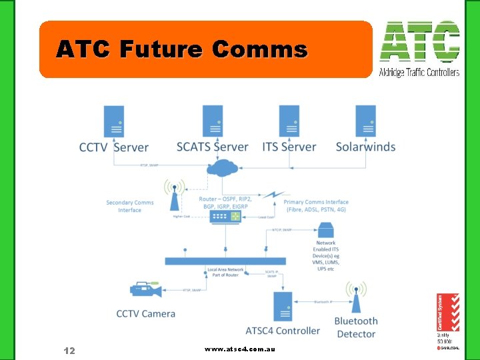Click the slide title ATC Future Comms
(x=181, y=49)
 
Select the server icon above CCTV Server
(x=113, y=121)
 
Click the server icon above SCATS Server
(x=213, y=121)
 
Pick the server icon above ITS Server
(x=289, y=121)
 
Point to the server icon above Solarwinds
(x=365, y=121)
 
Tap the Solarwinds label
(x=365, y=147)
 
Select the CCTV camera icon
(x=145, y=289)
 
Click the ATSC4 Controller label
(x=283, y=330)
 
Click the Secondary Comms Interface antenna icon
(x=174, y=195)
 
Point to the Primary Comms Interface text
(x=316, y=206)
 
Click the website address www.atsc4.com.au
(x=240, y=349)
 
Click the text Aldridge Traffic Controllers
(x=419, y=72)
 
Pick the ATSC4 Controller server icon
(x=283, y=306)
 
